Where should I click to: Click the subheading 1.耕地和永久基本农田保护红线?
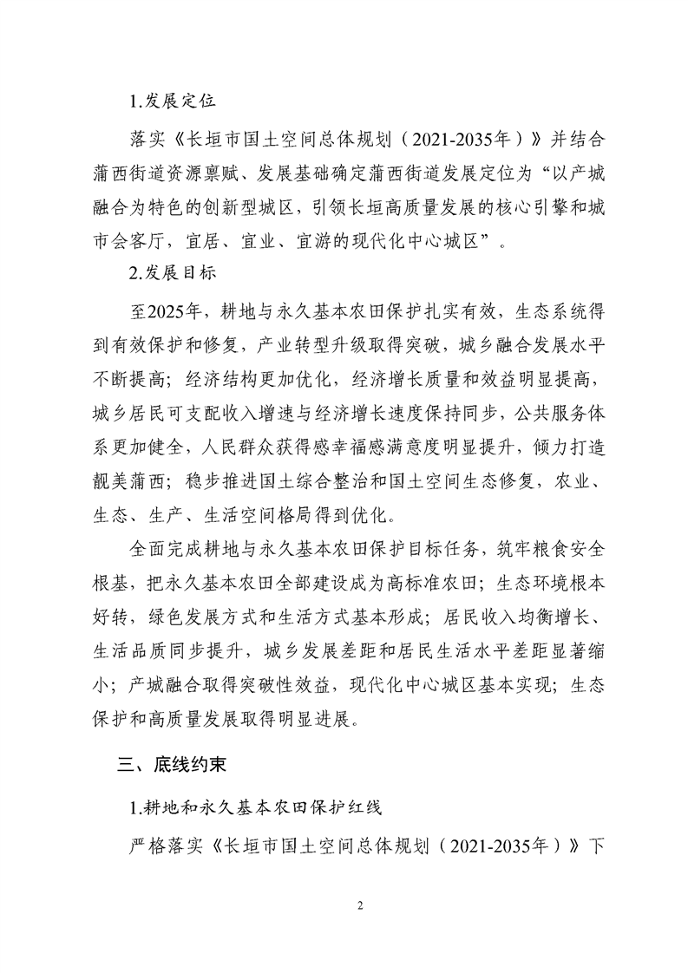(247, 807)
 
